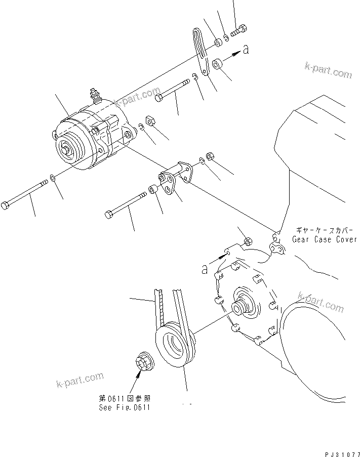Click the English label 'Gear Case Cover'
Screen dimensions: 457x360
coord(325,239)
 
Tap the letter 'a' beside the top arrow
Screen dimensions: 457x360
coord(246,50)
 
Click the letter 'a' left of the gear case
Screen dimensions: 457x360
coord(205,270)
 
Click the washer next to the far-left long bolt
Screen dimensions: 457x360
coord(52,178)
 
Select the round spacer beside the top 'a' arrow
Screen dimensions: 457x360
coord(217,64)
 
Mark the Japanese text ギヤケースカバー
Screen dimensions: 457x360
coord(324,229)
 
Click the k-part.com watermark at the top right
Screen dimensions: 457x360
coord(328,70)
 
